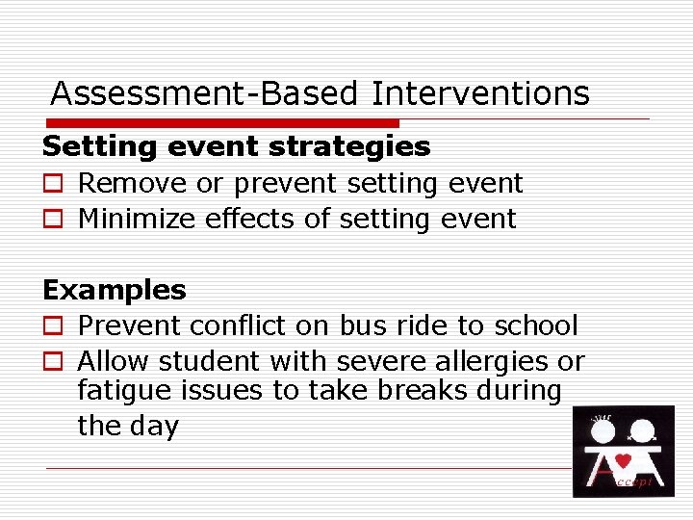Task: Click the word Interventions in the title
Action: tap(480, 93)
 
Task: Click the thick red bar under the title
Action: tap(221, 123)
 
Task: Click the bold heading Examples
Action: tap(115, 290)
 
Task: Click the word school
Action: tap(535, 325)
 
